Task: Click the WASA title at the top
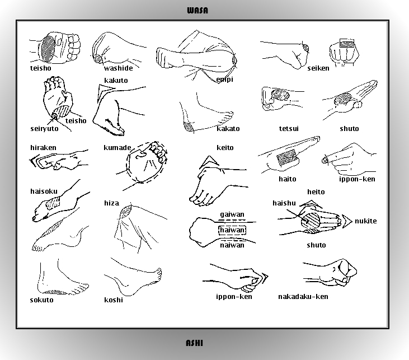pos(198,10)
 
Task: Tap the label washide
pos(118,69)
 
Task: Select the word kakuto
pos(116,81)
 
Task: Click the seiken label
pos(318,68)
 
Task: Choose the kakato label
pos(228,129)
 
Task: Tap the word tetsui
pos(289,129)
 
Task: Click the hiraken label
pos(43,148)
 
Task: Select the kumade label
pos(117,148)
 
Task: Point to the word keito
pos(225,148)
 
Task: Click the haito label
pos(288,179)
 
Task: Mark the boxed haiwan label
pos(232,230)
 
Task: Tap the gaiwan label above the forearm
pos(232,214)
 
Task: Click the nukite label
pos(365,221)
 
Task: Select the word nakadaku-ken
pos(303,297)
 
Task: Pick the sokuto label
pos(42,300)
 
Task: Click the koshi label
pos(113,300)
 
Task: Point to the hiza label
pos(111,203)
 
